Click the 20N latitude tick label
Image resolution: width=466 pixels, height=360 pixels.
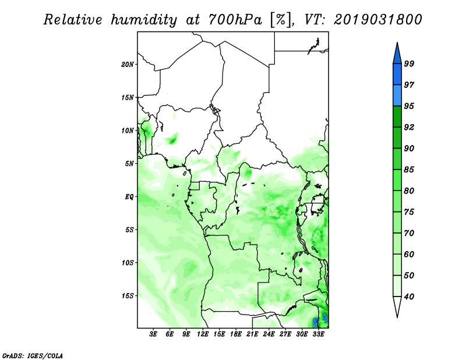[127, 65]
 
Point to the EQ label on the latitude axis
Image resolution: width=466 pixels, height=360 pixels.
[129, 197]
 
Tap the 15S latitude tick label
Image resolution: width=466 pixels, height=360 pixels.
[127, 296]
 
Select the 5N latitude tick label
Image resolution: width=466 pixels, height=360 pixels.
[129, 164]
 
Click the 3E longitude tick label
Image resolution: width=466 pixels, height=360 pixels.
[153, 334]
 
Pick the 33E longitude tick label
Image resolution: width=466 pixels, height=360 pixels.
[318, 334]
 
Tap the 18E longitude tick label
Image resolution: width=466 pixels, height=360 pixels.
[236, 334]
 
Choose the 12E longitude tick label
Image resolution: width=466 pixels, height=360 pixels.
[203, 334]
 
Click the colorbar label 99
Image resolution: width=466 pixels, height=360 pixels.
[409, 63]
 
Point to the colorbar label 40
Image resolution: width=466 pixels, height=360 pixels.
[409, 297]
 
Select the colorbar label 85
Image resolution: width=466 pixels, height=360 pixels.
[409, 170]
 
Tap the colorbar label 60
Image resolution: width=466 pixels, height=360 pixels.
[409, 254]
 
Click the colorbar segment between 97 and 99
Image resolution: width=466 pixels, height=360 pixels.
[397, 75]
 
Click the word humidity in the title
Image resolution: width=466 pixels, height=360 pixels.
[144, 20]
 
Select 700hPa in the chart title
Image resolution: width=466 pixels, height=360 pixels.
[235, 20]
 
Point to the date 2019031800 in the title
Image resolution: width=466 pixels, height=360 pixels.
[377, 19]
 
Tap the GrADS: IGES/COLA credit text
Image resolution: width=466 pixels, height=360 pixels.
[33, 355]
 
